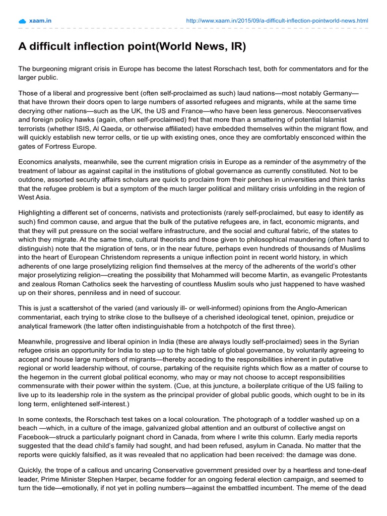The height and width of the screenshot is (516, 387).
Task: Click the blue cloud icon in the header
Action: [22, 21]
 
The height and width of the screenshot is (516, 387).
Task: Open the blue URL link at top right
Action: [277, 21]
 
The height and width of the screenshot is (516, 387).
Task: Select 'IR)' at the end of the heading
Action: [237, 47]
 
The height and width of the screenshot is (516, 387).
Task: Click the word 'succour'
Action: [167, 293]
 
